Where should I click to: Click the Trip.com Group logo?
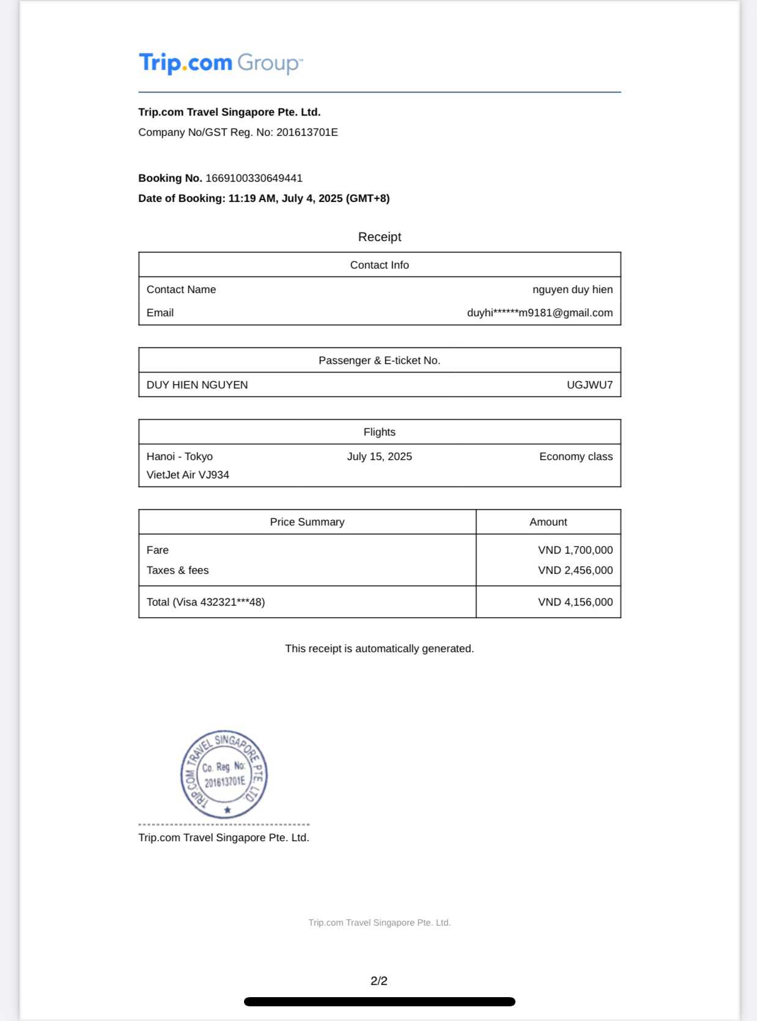tap(221, 63)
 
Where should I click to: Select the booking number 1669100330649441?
tap(254, 178)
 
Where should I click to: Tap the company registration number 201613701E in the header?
tap(307, 132)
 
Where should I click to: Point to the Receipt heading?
tap(379, 237)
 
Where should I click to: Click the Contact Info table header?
tap(379, 265)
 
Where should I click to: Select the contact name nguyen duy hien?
tap(572, 289)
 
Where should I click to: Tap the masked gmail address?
tap(539, 313)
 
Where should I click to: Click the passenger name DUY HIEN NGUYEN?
tap(197, 385)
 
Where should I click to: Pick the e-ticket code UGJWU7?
tap(589, 385)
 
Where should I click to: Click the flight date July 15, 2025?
tap(379, 456)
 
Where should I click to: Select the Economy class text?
tap(575, 456)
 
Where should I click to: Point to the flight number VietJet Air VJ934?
tap(188, 475)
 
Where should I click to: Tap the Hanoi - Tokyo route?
tap(180, 456)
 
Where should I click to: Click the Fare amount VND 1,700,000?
tap(575, 550)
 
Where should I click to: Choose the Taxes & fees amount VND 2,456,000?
tap(575, 570)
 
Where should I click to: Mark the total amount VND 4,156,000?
tap(575, 602)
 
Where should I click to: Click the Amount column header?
tap(548, 522)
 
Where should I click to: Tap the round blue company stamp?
tap(224, 774)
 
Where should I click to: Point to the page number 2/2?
tap(379, 981)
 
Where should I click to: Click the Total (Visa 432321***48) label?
tap(205, 602)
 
